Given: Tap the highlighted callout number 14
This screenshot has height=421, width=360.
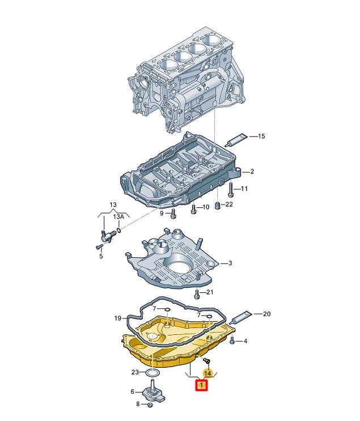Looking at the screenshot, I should point(207,373).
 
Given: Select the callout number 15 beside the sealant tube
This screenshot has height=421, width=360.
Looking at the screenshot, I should point(261,137).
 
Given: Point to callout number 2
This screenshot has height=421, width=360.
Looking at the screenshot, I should point(252,171).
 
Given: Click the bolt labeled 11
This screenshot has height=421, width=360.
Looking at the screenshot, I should point(231,189).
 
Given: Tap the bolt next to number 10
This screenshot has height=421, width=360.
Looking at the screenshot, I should point(193,209).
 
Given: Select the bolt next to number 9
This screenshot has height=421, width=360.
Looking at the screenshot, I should point(173,214).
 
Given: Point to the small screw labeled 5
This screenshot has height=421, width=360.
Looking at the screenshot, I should point(99,246).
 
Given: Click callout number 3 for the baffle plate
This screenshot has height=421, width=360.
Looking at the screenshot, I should point(231,263).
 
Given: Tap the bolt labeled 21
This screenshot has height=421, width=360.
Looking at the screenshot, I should point(197,293).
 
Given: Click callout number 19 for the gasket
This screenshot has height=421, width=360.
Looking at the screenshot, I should point(118,318).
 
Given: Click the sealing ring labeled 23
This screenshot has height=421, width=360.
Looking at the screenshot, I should point(151,372).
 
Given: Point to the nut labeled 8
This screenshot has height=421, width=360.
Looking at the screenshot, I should point(150,404).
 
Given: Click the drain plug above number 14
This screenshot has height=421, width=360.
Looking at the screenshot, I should point(206,360).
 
